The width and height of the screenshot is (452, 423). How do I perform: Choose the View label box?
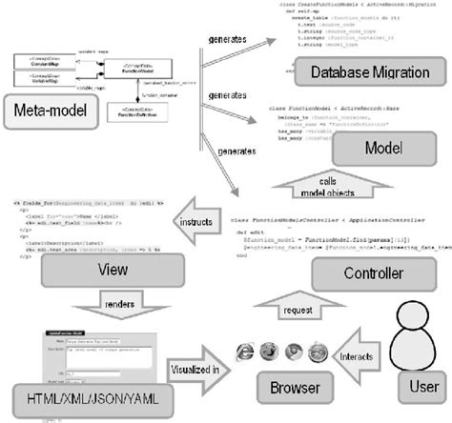click(93, 270)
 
